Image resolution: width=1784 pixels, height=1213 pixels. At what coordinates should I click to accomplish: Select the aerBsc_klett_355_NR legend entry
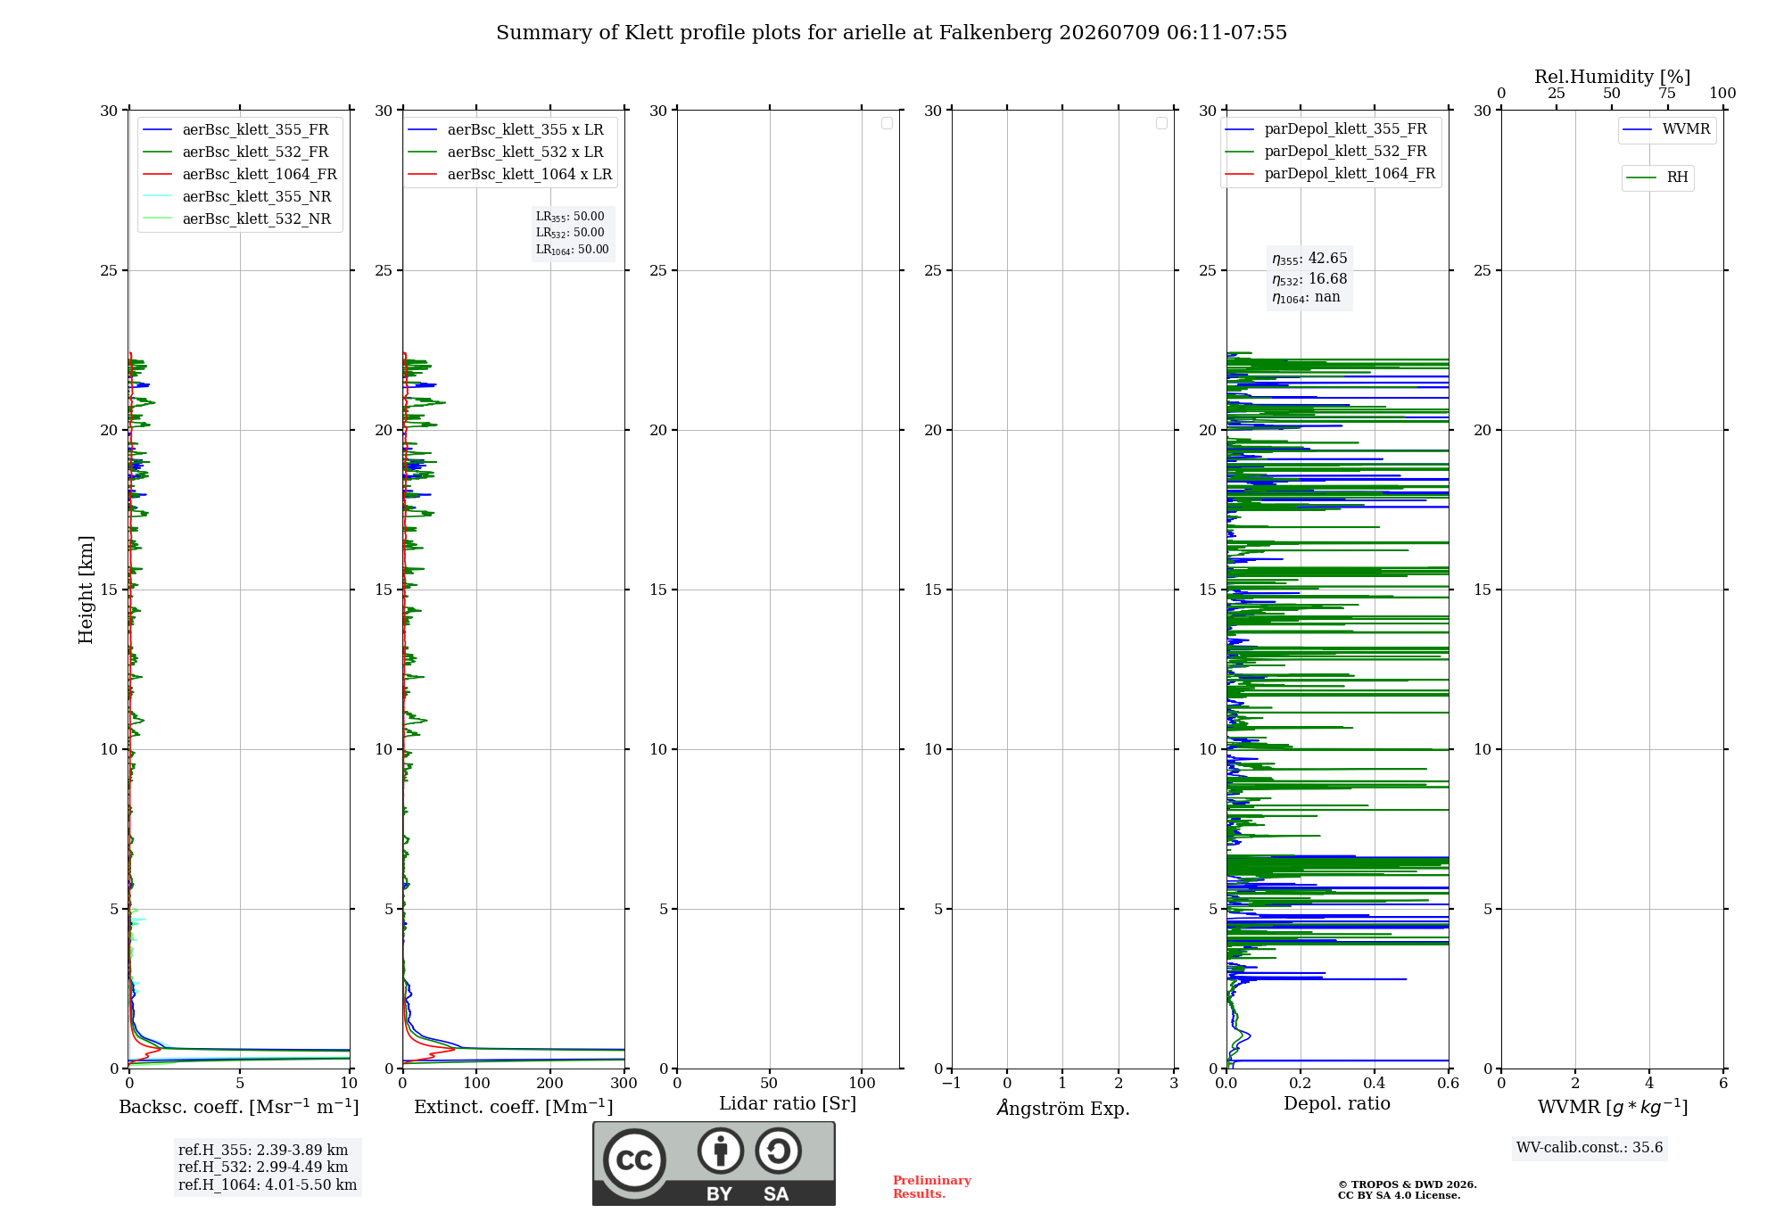237,196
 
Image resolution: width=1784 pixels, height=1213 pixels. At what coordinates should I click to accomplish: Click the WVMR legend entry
1667,129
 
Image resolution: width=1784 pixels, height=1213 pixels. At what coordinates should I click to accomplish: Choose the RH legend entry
1657,177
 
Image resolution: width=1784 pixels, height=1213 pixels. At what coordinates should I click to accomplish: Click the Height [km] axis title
86,590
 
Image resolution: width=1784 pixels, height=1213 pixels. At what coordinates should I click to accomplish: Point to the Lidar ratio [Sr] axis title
788,1103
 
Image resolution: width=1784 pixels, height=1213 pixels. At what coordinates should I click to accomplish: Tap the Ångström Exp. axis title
1063,1108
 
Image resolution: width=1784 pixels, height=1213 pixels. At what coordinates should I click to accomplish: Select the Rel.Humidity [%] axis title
1613,77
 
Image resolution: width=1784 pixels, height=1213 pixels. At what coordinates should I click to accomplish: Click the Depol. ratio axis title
1337,1103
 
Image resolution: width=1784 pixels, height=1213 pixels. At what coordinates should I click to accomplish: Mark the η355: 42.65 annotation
1309,259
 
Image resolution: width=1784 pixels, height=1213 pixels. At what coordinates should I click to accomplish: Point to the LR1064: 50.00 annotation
573,250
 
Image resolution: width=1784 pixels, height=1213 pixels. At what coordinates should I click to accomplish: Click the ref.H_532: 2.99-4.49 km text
263,1167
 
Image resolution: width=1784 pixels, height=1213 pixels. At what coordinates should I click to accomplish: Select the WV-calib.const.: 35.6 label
1590,1147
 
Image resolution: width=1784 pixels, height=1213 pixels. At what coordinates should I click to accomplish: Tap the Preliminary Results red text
932,1187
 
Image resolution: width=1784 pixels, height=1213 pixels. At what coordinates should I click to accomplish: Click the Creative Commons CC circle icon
634,1159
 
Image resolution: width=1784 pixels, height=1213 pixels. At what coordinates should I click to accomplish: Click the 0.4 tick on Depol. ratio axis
1375,1083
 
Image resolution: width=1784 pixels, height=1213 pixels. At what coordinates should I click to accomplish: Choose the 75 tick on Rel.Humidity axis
1666,93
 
